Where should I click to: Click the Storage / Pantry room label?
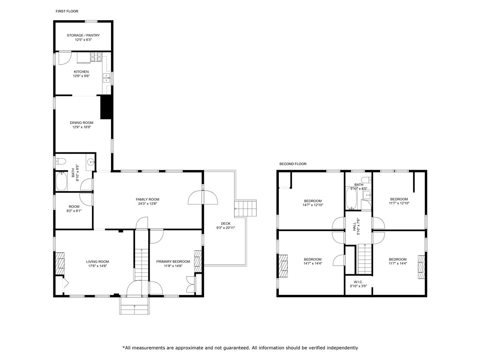click(83, 35)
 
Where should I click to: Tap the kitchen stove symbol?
click(96, 58)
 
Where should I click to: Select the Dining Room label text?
click(82, 123)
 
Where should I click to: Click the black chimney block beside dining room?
click(105, 108)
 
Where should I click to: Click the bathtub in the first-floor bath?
click(61, 182)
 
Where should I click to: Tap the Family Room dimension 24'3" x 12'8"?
click(148, 204)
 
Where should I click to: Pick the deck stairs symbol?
click(247, 208)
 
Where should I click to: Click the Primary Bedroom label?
click(173, 262)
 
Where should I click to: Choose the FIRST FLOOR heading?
click(67, 11)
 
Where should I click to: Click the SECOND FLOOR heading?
click(292, 164)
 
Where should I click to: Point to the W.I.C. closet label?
click(359, 282)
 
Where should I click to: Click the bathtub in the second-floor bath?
click(352, 199)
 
